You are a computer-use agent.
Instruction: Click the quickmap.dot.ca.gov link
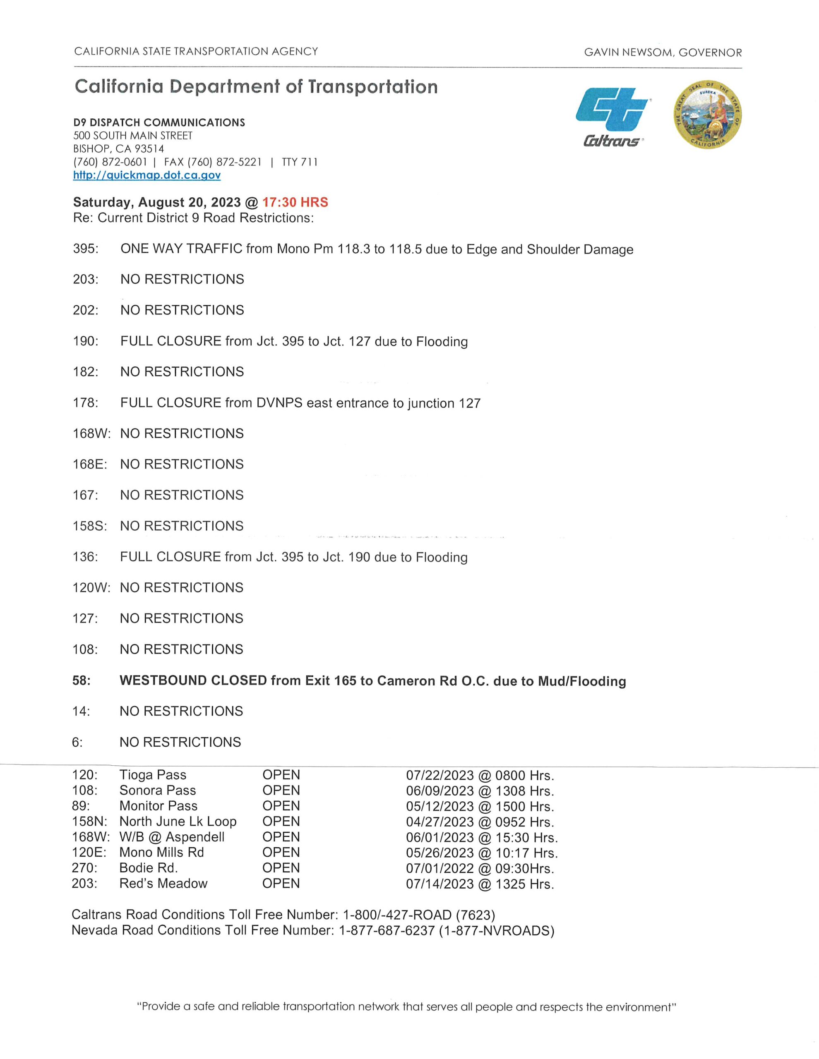tap(147, 175)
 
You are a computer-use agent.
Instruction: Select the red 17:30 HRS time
tap(295, 202)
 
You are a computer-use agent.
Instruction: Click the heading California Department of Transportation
tap(256, 87)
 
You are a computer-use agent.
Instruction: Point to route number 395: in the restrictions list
tap(85, 249)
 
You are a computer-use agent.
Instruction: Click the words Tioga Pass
tap(153, 775)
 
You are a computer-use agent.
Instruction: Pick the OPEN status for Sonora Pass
tap(281, 791)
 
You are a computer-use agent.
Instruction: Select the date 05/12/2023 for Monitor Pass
tap(440, 806)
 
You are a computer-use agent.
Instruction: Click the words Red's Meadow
tap(163, 884)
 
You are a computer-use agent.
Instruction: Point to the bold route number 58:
tap(81, 680)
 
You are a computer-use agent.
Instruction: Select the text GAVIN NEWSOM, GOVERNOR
tap(663, 53)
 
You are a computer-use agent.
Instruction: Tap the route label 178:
tap(85, 403)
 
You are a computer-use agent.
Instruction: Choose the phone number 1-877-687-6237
tap(386, 930)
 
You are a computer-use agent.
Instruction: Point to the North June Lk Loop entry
tap(178, 822)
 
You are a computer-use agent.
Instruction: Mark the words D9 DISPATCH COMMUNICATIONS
tap(159, 122)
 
